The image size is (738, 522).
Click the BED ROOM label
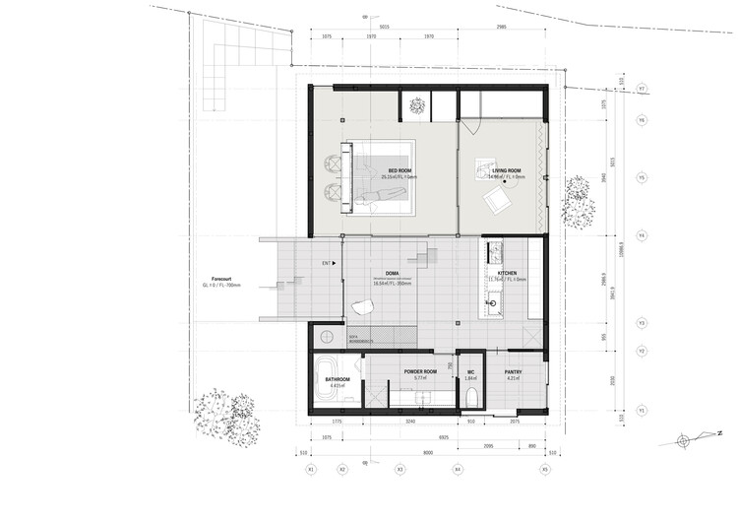click(x=400, y=170)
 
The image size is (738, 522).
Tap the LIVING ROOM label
click(x=507, y=170)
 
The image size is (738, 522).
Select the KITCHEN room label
click(x=508, y=273)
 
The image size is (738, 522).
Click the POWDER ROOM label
click(x=420, y=371)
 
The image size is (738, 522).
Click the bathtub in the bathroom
click(x=326, y=386)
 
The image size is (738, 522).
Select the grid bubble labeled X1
click(x=311, y=469)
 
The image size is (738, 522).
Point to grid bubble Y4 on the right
click(x=642, y=236)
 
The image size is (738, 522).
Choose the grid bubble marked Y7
click(x=642, y=89)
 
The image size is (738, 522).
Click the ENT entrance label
click(x=326, y=264)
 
